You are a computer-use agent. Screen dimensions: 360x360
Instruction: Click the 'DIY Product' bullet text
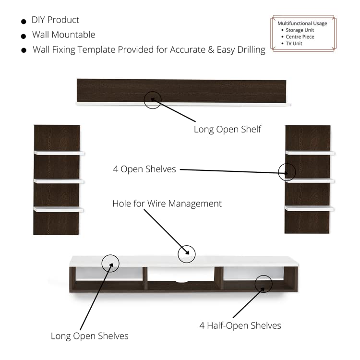tap(55, 20)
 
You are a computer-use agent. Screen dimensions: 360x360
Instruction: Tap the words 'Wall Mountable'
tap(63, 35)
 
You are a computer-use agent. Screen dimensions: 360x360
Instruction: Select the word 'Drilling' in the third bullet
tap(251, 50)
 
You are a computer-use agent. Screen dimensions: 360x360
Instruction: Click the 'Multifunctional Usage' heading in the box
tap(302, 24)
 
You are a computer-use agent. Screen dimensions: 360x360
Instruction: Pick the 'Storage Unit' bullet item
tap(300, 30)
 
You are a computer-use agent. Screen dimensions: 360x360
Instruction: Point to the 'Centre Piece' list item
tap(300, 37)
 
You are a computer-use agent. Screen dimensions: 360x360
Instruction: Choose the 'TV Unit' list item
tap(294, 43)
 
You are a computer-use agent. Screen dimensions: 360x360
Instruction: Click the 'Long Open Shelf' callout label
tap(228, 129)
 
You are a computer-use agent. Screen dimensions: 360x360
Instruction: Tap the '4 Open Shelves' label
tap(144, 169)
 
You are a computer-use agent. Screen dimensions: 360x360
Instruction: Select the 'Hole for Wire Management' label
tap(167, 204)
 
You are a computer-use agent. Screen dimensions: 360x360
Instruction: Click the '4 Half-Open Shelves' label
tap(240, 325)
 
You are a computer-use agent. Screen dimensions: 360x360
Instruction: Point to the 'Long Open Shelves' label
tap(90, 336)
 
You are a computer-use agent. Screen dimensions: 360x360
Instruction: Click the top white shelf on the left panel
tap(59, 153)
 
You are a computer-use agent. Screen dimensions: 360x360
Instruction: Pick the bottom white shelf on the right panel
tap(309, 208)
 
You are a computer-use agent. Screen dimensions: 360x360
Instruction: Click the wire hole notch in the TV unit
tap(182, 281)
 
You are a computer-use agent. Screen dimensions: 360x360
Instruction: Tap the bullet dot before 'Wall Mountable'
tap(24, 36)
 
